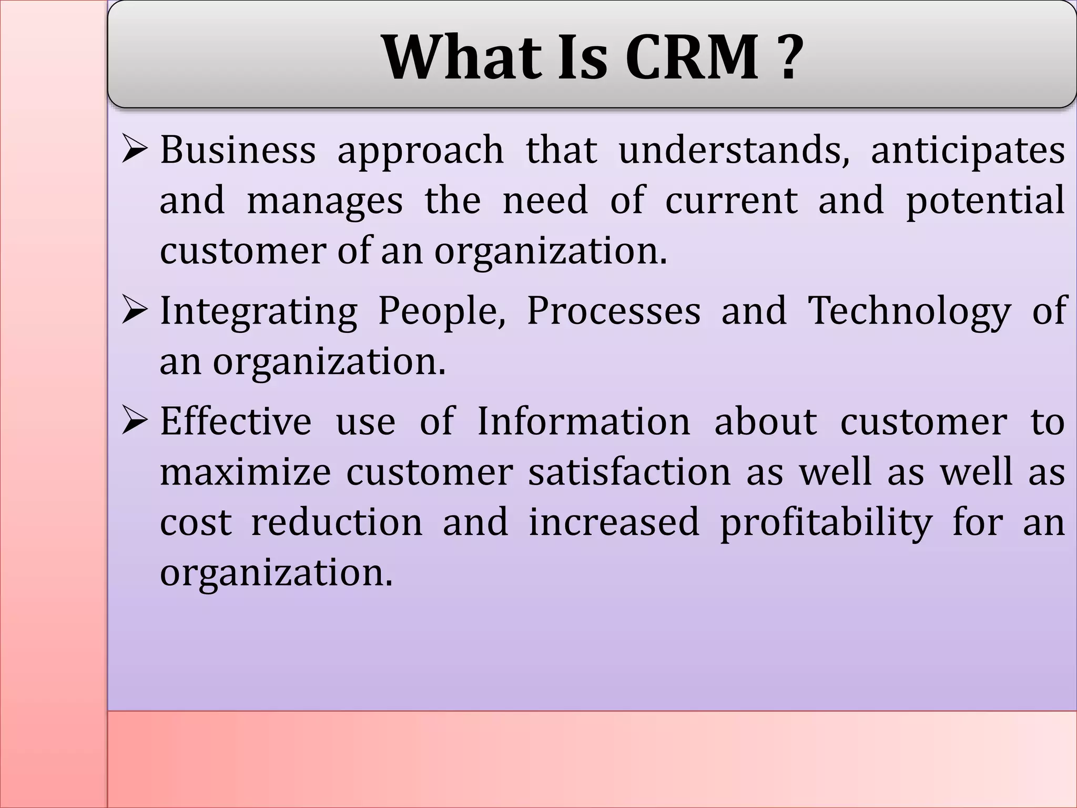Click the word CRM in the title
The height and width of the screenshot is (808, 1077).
pos(693,57)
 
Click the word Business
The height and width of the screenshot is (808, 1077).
pos(238,150)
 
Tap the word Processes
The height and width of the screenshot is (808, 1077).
pos(614,310)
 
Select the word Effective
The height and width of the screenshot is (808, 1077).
pos(236,421)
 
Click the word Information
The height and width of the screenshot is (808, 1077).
pos(583,421)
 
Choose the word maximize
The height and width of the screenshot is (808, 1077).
pos(246,472)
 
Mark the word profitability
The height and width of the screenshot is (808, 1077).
pos(826,523)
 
